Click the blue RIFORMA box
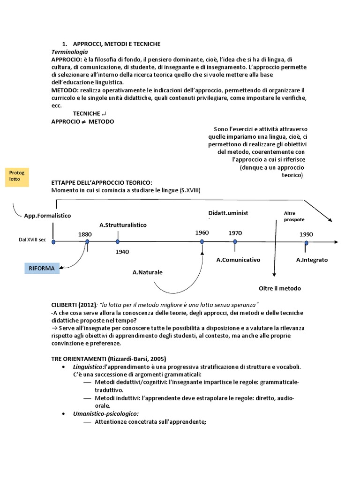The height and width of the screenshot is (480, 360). pyautogui.click(x=42, y=268)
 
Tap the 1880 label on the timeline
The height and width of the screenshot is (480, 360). pyautogui.click(x=85, y=234)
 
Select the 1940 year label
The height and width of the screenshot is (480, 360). pyautogui.click(x=121, y=252)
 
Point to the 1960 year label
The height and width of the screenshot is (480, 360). pyautogui.click(x=202, y=232)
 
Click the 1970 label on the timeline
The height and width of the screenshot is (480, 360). pyautogui.click(x=235, y=232)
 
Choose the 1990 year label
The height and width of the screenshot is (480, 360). pyautogui.click(x=306, y=234)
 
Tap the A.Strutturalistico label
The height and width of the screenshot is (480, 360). pyautogui.click(x=123, y=225)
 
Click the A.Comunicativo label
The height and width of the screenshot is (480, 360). pyautogui.click(x=238, y=259)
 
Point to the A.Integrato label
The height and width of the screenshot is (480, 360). pyautogui.click(x=312, y=259)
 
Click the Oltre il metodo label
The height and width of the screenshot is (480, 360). pyautogui.click(x=280, y=288)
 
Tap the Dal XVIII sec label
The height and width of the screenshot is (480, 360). pyautogui.click(x=32, y=240)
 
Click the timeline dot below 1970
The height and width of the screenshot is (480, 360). pyautogui.click(x=235, y=241)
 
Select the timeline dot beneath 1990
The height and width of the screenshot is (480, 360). pyautogui.click(x=306, y=243)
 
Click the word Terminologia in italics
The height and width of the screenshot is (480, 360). pyautogui.click(x=69, y=52)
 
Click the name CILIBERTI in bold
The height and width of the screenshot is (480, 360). pyautogui.click(x=67, y=305)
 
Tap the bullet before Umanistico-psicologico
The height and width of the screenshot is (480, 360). pyautogui.click(x=63, y=414)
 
